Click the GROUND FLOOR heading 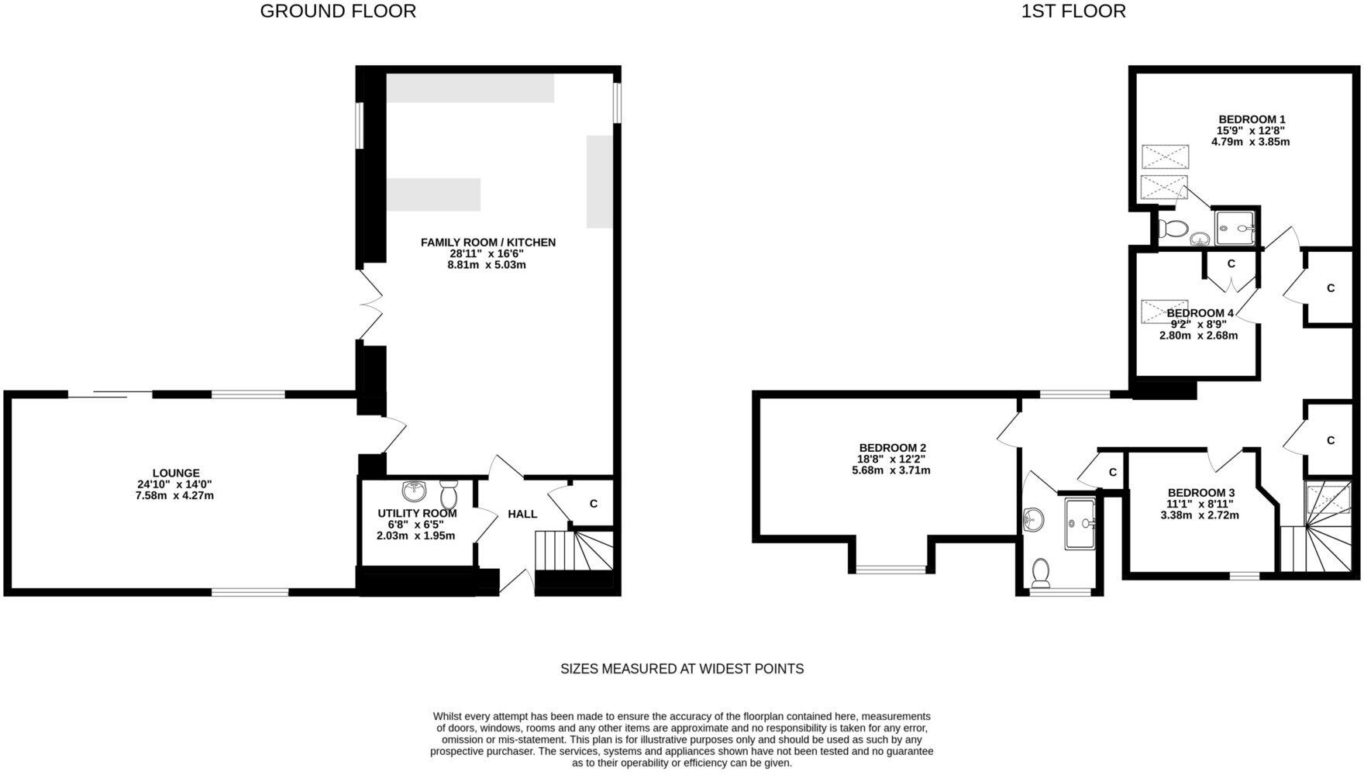[338, 12]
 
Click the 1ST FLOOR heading [1073, 12]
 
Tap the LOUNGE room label [176, 473]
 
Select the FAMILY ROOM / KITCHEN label [488, 243]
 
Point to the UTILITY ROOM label [417, 513]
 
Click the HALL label [522, 514]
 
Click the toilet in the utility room [449, 493]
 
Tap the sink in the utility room [415, 491]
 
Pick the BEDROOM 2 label [892, 448]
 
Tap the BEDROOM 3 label [1201, 493]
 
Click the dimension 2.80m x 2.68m [1198, 336]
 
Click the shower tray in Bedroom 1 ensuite [1236, 227]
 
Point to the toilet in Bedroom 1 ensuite [1173, 229]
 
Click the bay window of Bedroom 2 [891, 570]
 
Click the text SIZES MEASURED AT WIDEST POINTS [682, 669]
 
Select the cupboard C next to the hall [594, 504]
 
